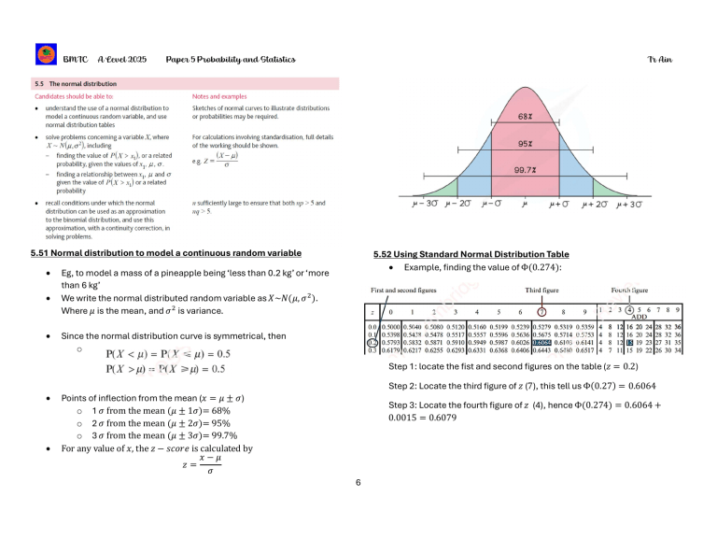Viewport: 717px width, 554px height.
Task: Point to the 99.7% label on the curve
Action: point(525,170)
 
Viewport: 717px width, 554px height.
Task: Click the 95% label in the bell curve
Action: point(525,145)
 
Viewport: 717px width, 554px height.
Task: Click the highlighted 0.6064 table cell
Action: point(541,342)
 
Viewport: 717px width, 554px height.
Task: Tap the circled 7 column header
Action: point(541,311)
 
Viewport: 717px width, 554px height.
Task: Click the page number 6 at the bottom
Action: point(358,482)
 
